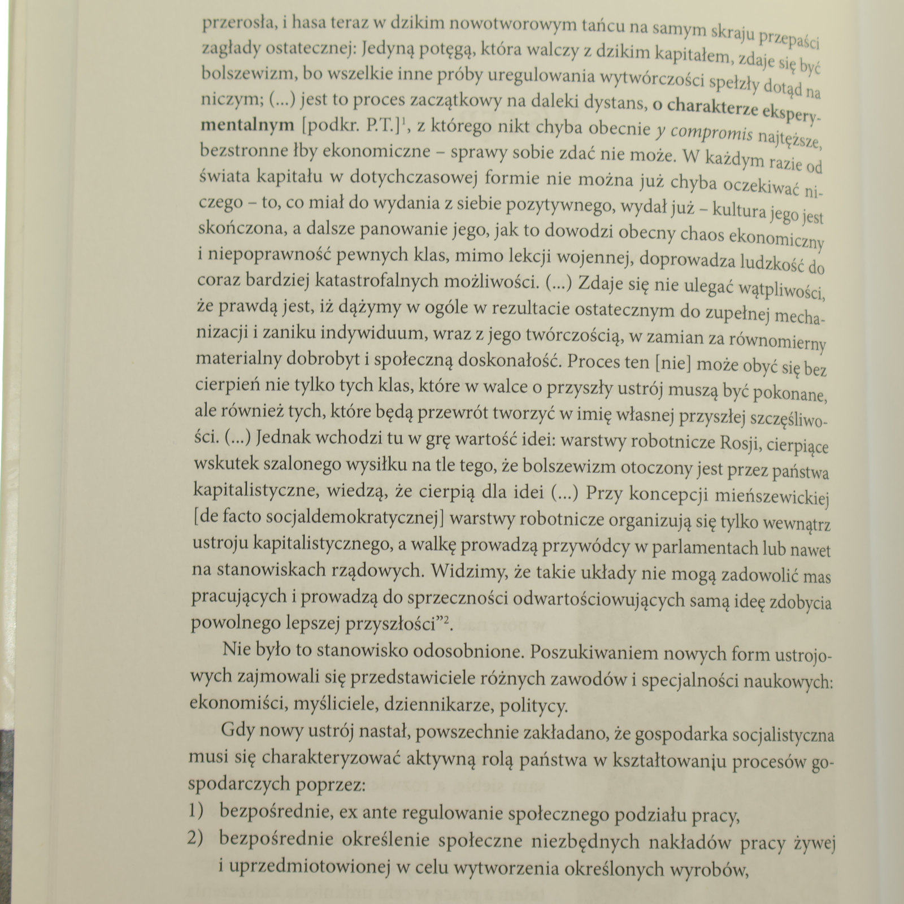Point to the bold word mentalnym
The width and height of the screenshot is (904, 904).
(247, 125)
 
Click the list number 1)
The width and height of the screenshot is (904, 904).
(195, 811)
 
